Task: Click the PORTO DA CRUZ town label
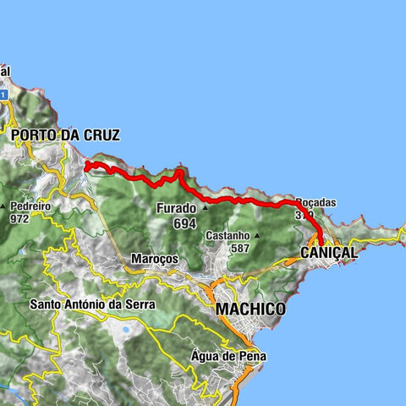[x=65, y=134]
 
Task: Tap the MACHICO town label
[x=250, y=310]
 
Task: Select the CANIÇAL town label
[x=329, y=253]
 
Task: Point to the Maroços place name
[x=153, y=260]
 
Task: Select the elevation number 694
[x=184, y=223]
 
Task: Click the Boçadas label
[x=315, y=203]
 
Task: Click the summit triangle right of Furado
[x=204, y=207]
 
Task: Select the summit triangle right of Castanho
[x=258, y=236]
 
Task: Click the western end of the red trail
[x=88, y=165]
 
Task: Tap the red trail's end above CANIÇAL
[x=321, y=243]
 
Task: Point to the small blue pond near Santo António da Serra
[x=126, y=329]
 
